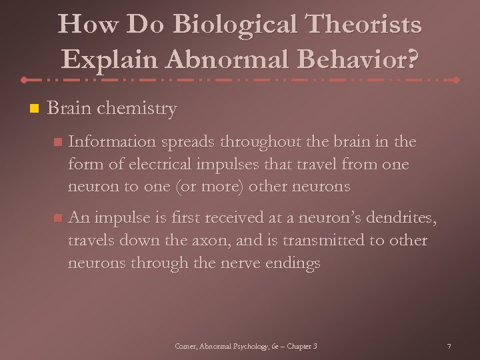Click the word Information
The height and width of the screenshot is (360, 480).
(x=111, y=142)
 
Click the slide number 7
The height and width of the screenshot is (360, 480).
(x=449, y=347)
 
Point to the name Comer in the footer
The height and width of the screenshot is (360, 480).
(x=185, y=347)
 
